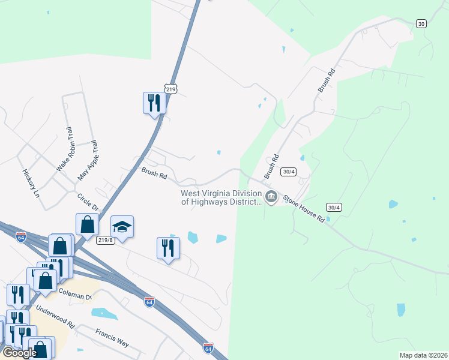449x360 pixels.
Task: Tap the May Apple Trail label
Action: pos(88,161)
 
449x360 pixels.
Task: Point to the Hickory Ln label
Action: pos(30,184)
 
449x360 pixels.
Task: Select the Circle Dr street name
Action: pos(87,202)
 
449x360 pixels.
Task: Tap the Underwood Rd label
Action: pos(55,316)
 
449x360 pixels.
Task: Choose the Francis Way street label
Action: pos(112,337)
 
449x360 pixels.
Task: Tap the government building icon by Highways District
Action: pos(271,197)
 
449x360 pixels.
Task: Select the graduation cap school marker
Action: pos(122,227)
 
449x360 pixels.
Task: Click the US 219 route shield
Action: pos(172,89)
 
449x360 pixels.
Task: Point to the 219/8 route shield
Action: pos(105,239)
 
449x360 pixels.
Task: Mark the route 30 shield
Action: pos(421,23)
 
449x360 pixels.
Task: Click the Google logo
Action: pos(19,353)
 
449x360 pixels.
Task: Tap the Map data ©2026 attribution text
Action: pos(423,355)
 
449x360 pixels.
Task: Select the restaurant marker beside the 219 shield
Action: pos(154,103)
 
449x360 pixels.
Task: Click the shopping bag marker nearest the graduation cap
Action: pos(88,224)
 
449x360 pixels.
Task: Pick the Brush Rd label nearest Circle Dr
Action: pos(154,173)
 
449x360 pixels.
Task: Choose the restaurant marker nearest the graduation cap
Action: pos(168,247)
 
